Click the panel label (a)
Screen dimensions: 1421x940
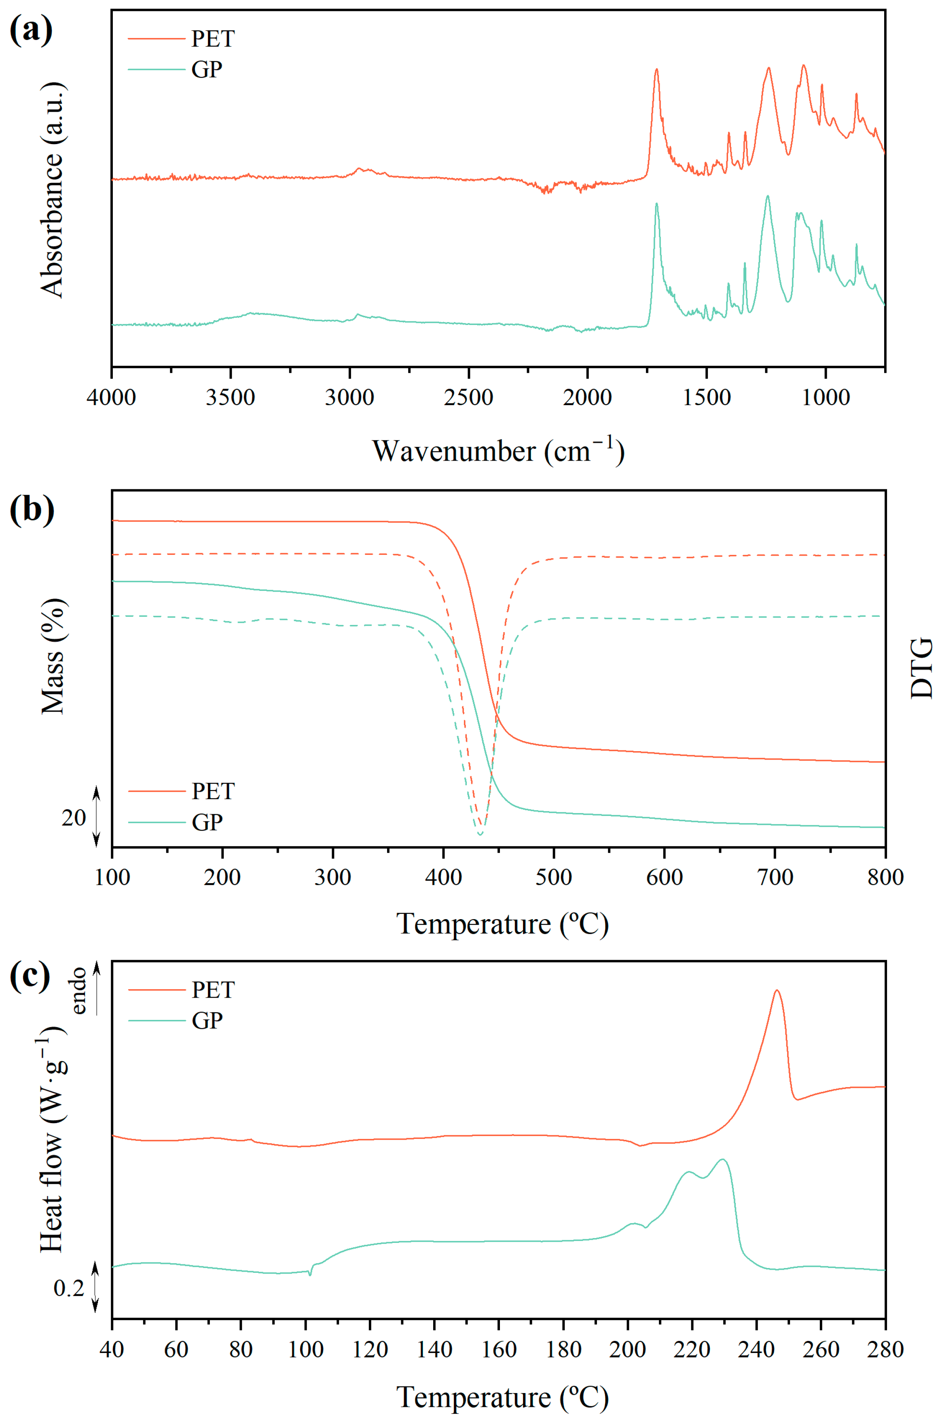coord(31,30)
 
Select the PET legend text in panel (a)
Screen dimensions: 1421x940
coord(213,39)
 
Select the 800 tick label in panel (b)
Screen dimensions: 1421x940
coord(885,877)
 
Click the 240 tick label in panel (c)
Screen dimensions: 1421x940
coord(756,1350)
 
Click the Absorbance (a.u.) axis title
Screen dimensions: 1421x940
coord(53,189)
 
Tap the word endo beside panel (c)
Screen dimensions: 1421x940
coord(79,990)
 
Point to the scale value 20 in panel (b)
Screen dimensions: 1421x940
coord(74,818)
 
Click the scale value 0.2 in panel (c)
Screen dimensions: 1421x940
coord(68,1288)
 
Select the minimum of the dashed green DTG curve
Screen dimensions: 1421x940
coord(480,835)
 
